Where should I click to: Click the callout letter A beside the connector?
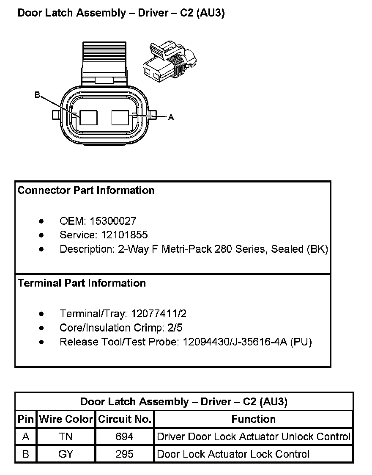171,117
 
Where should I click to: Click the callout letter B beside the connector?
37,96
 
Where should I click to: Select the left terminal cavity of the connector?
88,117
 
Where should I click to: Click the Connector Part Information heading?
86,191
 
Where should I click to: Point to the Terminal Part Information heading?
82,283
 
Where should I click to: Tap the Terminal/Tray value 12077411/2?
159,314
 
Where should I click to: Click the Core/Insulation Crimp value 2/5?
174,328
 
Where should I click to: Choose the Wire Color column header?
66,419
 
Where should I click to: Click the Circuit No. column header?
125,419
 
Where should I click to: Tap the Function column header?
253,419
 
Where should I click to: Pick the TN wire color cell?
66,436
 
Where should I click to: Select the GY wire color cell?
66,454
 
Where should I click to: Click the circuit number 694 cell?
124,436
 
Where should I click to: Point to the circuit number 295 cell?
124,454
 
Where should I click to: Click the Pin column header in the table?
26,419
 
